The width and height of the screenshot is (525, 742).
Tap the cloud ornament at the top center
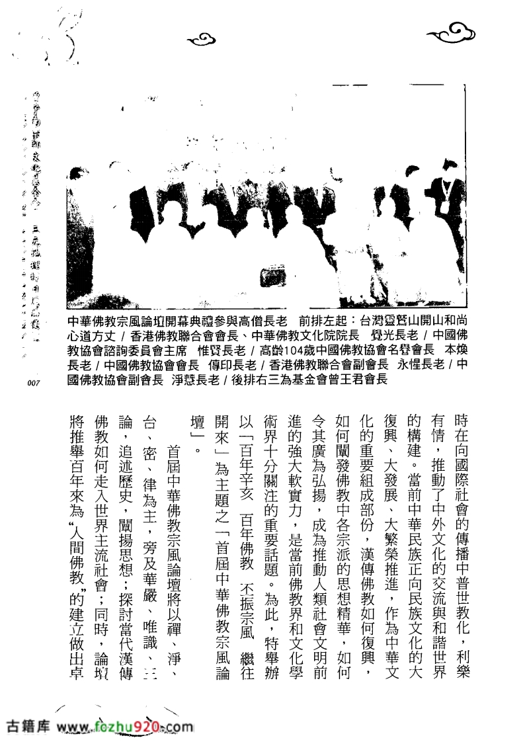pyautogui.click(x=204, y=40)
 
